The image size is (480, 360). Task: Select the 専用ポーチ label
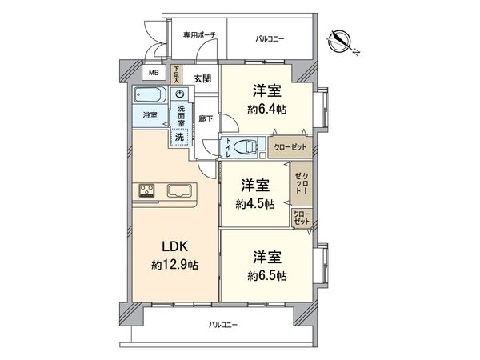(x=198, y=35)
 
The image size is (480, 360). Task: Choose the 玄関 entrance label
(x=202, y=78)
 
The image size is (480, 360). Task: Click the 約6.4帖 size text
(x=268, y=110)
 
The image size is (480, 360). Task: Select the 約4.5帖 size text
(x=255, y=204)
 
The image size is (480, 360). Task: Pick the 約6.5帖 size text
(x=268, y=275)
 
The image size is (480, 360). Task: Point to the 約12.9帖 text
(x=174, y=266)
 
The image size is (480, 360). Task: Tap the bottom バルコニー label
(x=223, y=325)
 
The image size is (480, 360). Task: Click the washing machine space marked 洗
(x=179, y=137)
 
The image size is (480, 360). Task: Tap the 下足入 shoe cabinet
(x=176, y=74)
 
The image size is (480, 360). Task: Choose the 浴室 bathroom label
(x=150, y=115)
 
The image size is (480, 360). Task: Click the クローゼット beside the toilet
(x=289, y=146)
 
